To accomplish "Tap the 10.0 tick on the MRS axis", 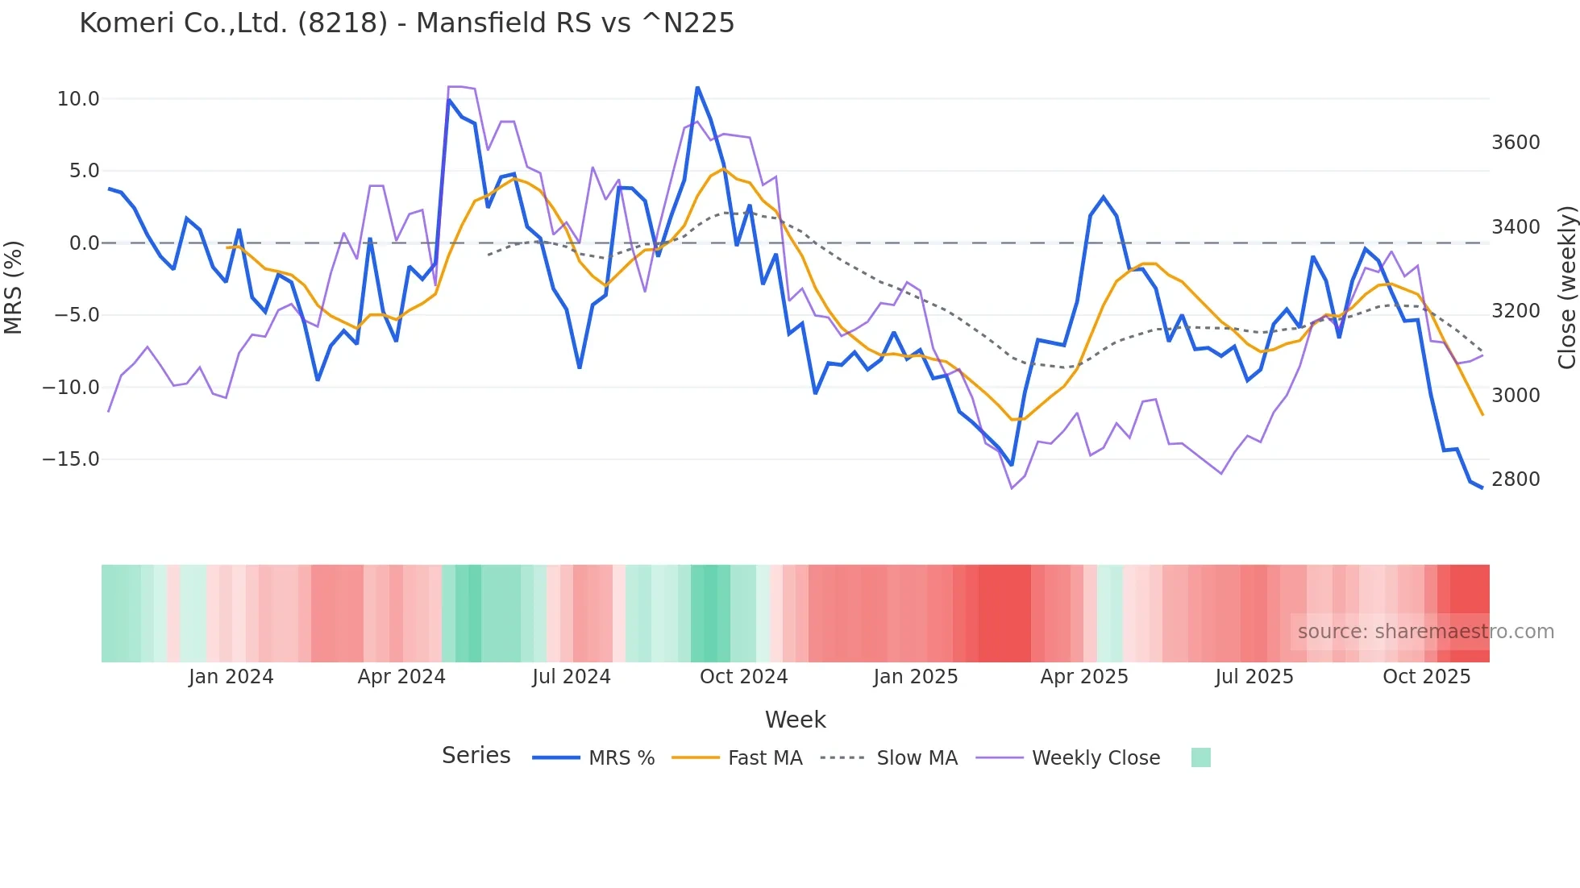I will [78, 99].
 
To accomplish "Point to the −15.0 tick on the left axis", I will [71, 459].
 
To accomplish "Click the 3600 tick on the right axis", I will [1516, 143].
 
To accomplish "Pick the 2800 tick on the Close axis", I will [1516, 479].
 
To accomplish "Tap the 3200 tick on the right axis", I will [1516, 311].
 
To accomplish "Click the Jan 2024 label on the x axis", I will [231, 677].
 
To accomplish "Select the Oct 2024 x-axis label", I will [743, 677].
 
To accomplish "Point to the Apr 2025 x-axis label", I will [1084, 677].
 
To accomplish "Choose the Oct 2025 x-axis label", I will [1427, 677].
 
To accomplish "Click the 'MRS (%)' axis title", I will [14, 287].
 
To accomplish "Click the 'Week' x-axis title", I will [795, 720].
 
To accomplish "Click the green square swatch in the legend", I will [1200, 757].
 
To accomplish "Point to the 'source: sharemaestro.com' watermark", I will [1425, 632].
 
